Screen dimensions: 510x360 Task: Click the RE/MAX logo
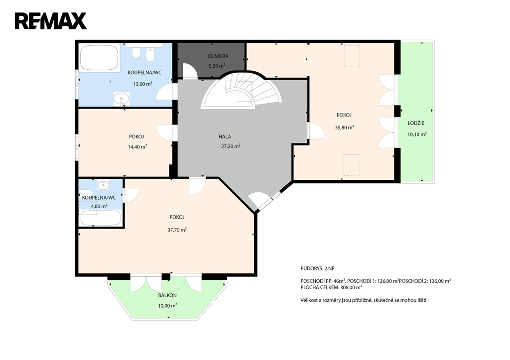click(x=51, y=21)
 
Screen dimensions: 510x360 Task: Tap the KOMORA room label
click(x=218, y=56)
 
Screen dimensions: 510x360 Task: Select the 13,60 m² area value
click(x=142, y=84)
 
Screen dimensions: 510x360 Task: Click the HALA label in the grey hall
click(x=225, y=137)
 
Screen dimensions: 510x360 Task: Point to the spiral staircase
click(x=241, y=91)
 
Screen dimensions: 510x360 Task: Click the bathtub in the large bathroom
click(x=99, y=58)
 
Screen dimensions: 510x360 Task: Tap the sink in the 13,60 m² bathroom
click(x=122, y=99)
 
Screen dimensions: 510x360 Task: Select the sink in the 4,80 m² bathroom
click(x=104, y=185)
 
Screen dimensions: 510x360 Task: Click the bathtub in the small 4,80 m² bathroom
click(x=101, y=218)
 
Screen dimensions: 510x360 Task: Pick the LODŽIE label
click(x=416, y=123)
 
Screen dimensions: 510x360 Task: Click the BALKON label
click(x=167, y=295)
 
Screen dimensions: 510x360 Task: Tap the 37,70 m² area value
click(x=177, y=230)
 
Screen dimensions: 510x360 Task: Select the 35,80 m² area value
click(x=345, y=127)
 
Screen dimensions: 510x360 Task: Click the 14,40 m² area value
click(x=137, y=147)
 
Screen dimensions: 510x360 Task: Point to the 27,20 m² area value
click(x=231, y=146)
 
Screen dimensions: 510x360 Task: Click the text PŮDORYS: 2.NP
click(x=317, y=268)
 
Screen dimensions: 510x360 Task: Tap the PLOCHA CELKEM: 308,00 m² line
click(x=331, y=287)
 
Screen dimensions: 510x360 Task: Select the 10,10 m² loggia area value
click(x=417, y=134)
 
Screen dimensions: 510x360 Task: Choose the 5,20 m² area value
click(x=217, y=66)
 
